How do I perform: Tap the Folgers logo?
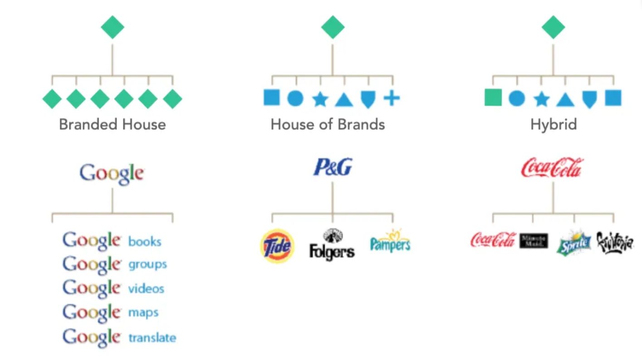tap(332, 245)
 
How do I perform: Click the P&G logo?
tap(333, 168)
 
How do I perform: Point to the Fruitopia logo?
tap(615, 242)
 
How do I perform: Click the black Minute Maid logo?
tap(534, 241)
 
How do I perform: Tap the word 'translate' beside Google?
tap(152, 338)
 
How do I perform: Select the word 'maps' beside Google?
tap(143, 313)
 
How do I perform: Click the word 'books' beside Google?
tap(145, 241)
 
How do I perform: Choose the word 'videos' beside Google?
tap(146, 289)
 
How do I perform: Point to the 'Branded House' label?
tap(113, 124)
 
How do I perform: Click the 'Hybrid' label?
tap(554, 124)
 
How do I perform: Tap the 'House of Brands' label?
tap(328, 124)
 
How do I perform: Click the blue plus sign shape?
tap(392, 98)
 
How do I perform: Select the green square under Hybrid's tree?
tap(493, 98)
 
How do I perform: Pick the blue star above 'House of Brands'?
tap(320, 99)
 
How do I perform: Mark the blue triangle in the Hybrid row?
tap(565, 99)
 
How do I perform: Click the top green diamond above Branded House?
tap(113, 27)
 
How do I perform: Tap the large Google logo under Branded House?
tap(112, 173)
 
